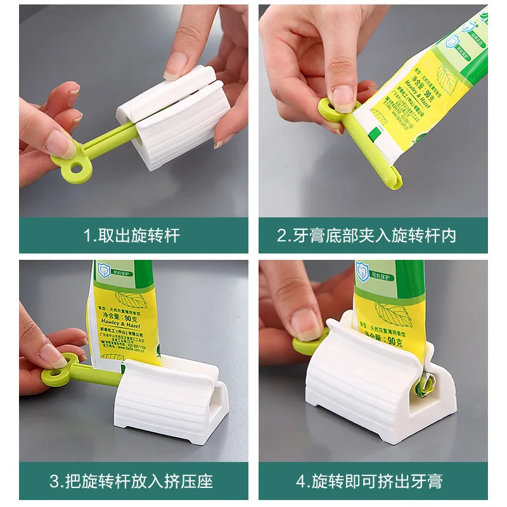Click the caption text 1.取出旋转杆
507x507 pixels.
(132, 236)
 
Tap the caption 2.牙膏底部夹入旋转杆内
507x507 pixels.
(367, 236)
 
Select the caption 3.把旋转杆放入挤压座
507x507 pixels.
(132, 480)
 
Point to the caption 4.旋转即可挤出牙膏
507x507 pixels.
(368, 480)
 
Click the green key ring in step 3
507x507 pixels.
(63, 373)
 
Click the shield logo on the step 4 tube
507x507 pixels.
(363, 271)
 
